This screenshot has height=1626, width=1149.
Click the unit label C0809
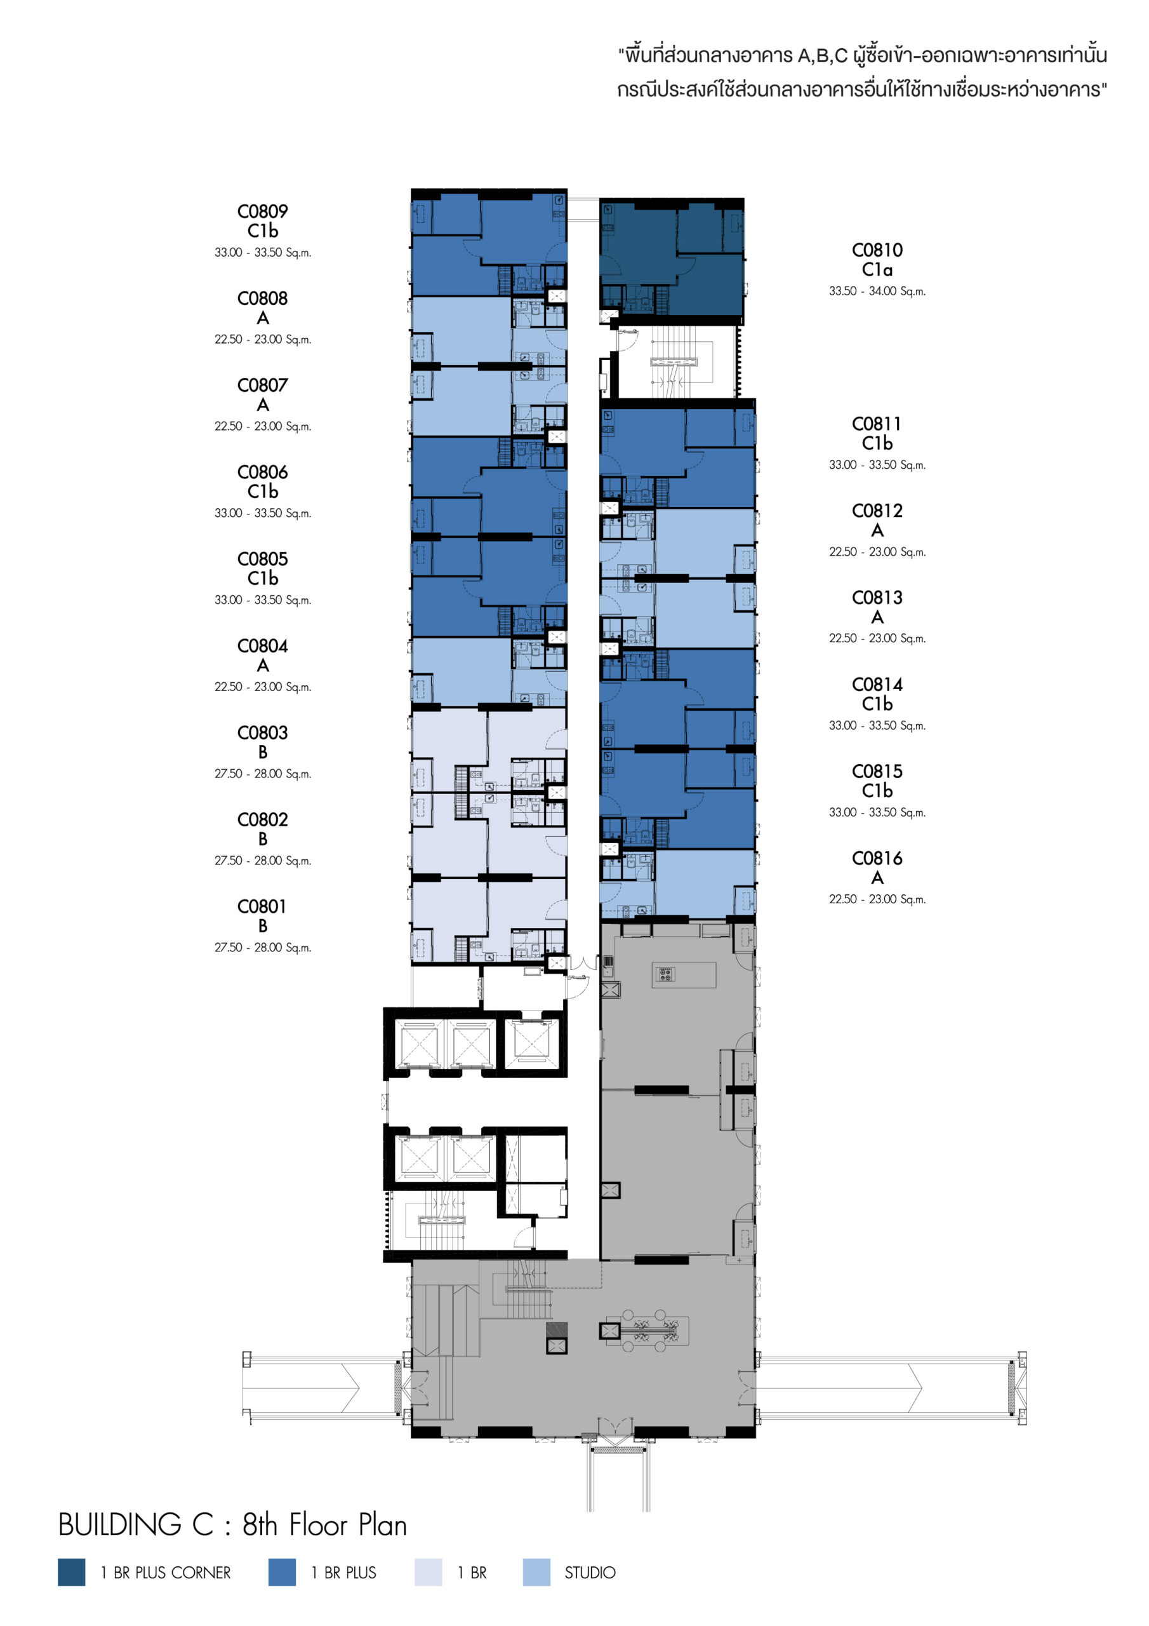coord(263,211)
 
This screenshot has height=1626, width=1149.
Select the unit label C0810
coord(877,250)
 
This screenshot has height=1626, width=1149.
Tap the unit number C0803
coord(263,732)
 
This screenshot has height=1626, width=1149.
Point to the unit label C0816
coord(877,858)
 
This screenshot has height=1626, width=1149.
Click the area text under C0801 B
coord(263,948)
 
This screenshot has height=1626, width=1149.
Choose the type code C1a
coord(877,270)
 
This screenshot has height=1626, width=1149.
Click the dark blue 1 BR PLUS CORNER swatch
coord(72,1572)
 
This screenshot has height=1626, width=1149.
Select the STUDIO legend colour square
coord(536,1572)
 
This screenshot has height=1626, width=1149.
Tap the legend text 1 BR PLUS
coord(343,1573)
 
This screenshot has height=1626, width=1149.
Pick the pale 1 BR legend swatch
coord(428,1572)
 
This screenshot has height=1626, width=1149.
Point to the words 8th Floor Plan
coord(325,1525)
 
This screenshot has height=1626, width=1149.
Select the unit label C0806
coord(263,472)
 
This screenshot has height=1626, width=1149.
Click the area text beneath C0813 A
coord(877,639)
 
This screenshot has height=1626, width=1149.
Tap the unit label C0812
coord(877,511)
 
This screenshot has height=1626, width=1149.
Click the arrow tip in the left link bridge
coord(359,1387)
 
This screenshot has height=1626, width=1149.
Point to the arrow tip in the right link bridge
coord(922,1387)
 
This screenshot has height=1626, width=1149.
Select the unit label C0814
coord(877,684)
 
